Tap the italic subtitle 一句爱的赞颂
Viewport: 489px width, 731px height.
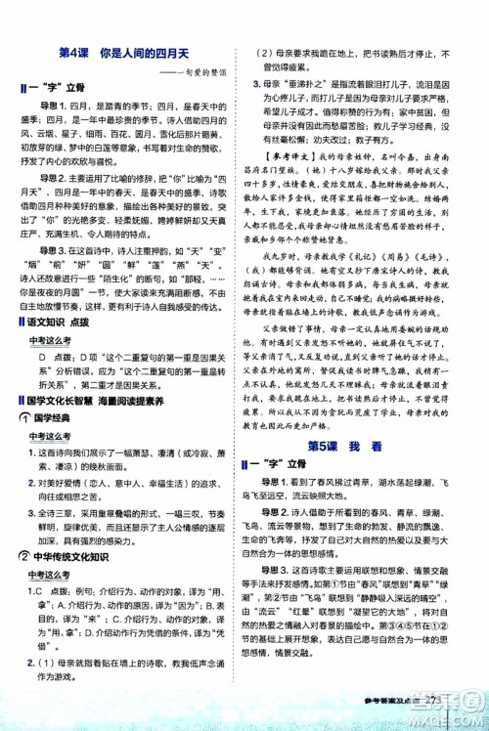(201, 71)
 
